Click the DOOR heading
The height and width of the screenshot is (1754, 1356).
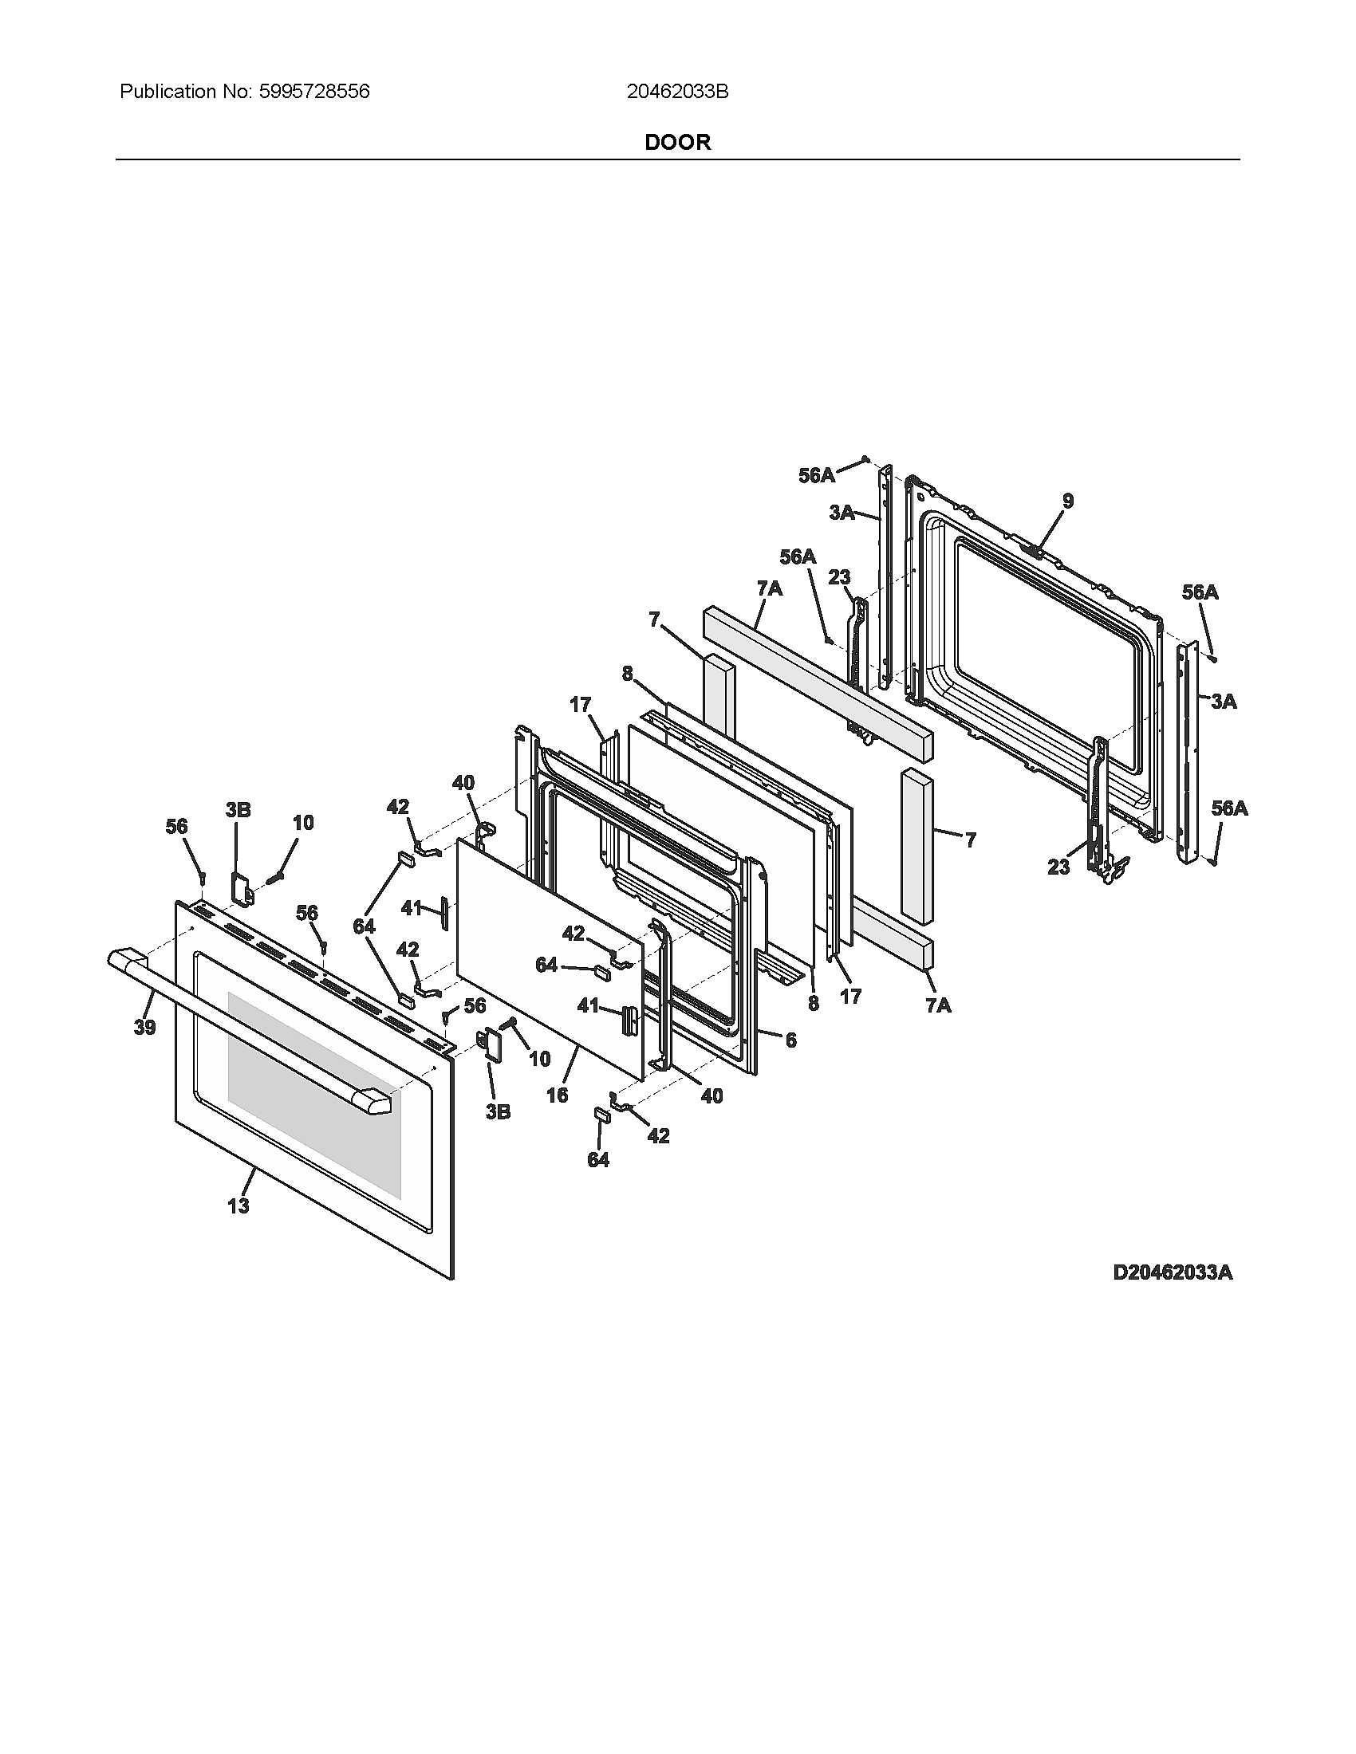click(x=677, y=142)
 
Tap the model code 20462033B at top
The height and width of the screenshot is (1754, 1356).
click(x=677, y=92)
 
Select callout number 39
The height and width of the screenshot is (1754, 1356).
click(x=144, y=1027)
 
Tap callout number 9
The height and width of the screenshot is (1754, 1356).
click(x=1067, y=501)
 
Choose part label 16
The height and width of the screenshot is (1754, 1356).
click(x=557, y=1095)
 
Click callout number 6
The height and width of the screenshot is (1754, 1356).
click(x=790, y=1040)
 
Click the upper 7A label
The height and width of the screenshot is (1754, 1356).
click(x=769, y=588)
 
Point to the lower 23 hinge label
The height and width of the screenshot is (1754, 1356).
click(x=1058, y=867)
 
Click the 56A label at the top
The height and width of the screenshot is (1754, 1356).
click(x=816, y=475)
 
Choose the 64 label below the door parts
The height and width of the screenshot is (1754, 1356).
click(x=598, y=1159)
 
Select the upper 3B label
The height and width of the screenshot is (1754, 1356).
click(x=238, y=809)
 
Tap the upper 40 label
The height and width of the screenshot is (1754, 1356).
click(x=463, y=782)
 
